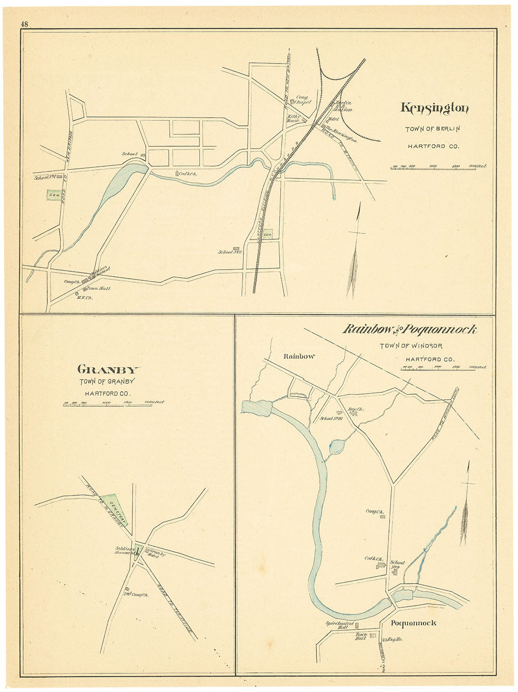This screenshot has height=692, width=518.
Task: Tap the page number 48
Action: pos(24,24)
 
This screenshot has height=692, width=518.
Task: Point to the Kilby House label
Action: pos(293,118)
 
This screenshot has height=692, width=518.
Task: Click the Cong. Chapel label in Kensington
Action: pos(303,99)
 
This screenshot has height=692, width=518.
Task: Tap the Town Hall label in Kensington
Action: pos(98,288)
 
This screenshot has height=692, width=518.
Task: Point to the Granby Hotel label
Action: pos(156,553)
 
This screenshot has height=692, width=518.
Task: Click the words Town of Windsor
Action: pos(411,346)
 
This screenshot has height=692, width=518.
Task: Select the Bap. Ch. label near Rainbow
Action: pos(357,410)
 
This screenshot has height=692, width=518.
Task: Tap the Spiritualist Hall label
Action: pos(337,625)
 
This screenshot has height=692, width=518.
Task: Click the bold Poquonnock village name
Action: pos(413,623)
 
